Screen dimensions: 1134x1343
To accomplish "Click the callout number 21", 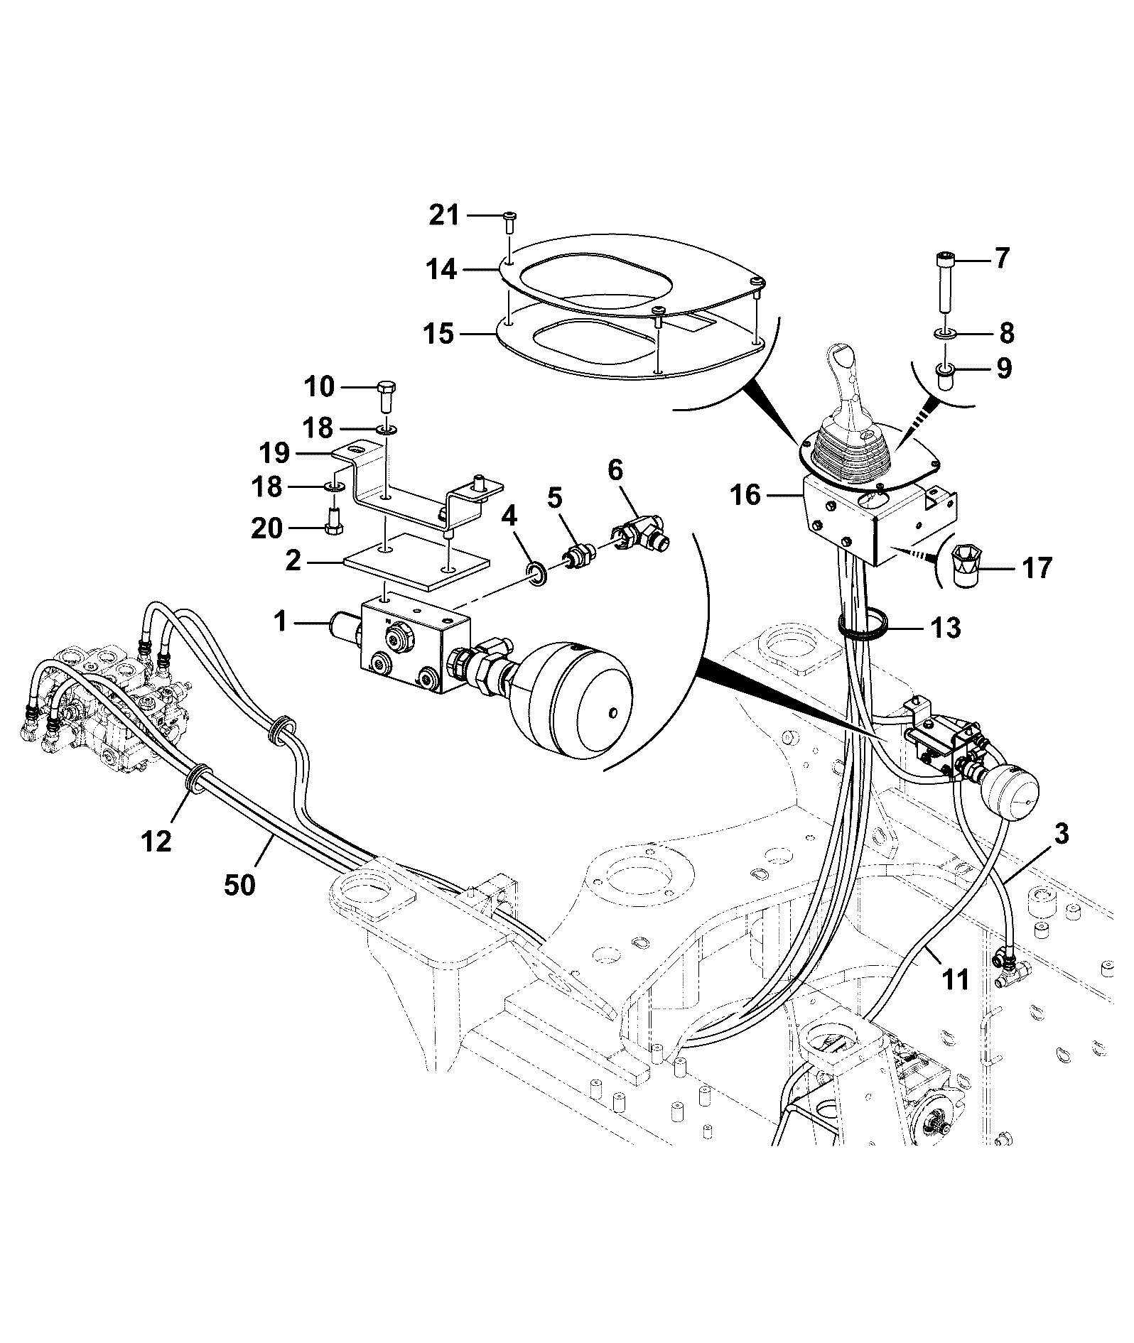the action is tap(444, 214).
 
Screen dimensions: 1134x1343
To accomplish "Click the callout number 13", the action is tap(945, 628).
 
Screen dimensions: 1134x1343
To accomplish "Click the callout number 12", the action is tap(156, 842).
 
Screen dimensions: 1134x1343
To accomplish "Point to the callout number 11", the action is tap(956, 980).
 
